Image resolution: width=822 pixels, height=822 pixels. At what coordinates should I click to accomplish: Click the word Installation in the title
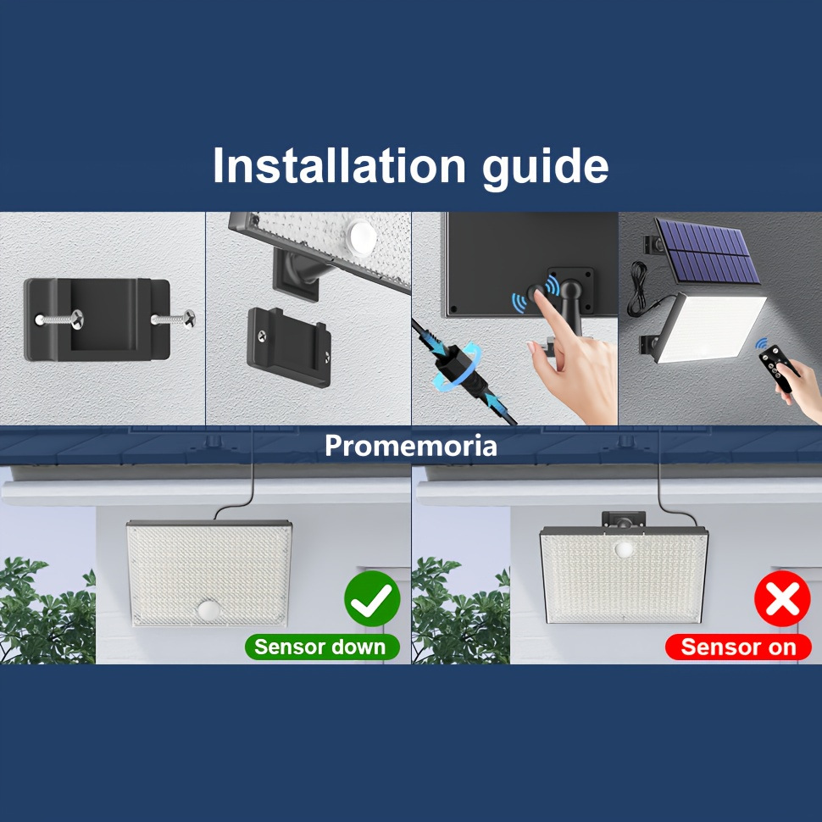339,165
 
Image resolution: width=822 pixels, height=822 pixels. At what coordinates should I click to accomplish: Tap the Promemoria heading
410,446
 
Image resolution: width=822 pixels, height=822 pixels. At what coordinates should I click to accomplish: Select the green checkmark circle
372,598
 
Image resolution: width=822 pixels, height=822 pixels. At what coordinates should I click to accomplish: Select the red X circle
782,598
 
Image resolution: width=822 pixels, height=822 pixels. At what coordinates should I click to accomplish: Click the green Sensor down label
322,647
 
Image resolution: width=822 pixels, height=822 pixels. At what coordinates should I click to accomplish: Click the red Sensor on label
738,647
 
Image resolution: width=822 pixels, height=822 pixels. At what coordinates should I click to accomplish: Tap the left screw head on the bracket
76,318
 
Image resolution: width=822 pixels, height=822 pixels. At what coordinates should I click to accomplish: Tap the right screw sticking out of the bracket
174,319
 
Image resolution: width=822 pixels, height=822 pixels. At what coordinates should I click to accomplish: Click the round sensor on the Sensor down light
209,609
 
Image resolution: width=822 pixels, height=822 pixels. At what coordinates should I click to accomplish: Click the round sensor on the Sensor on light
624,549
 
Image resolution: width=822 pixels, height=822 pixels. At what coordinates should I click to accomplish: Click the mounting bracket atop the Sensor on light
624,519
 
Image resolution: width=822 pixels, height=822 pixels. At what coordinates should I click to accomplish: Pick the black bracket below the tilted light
289,347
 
